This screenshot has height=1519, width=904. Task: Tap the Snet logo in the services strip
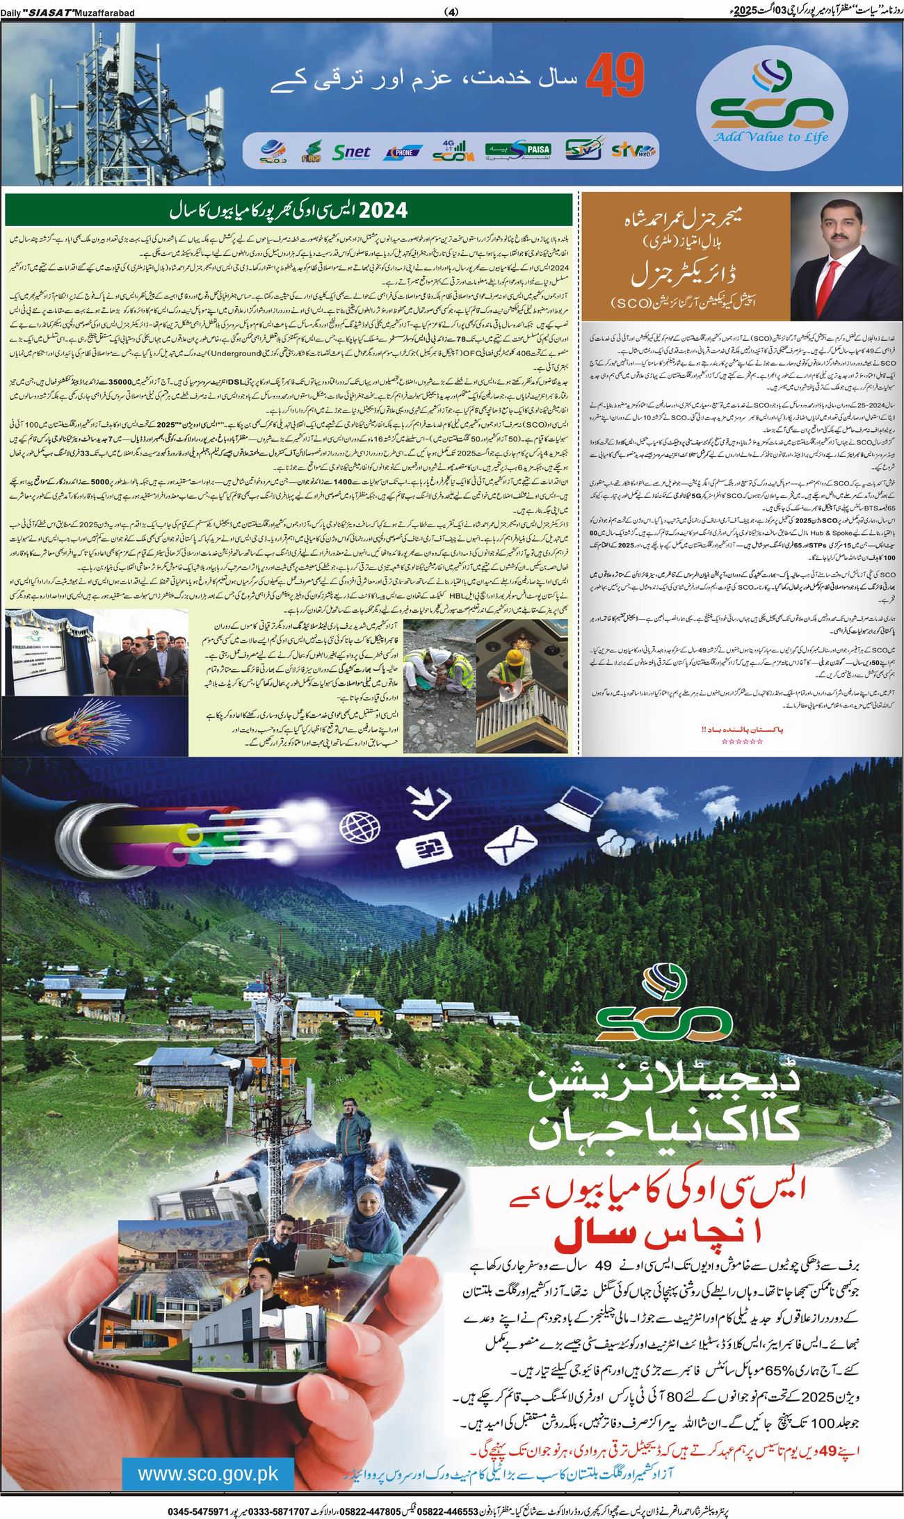[352, 152]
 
